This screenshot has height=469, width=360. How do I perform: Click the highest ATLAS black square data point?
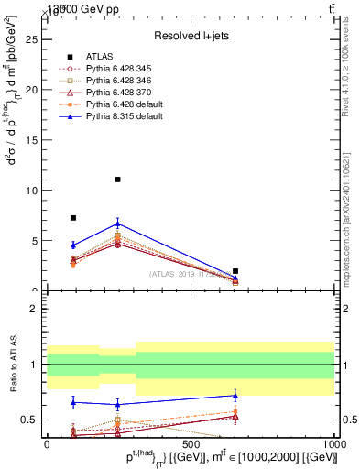point(118,180)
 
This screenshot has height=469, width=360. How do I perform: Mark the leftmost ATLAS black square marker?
point(73,218)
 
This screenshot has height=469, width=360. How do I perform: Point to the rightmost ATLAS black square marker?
point(235,271)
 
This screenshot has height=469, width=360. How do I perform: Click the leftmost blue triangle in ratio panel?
point(73,401)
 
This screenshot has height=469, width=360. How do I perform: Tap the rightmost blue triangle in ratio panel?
point(235,396)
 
